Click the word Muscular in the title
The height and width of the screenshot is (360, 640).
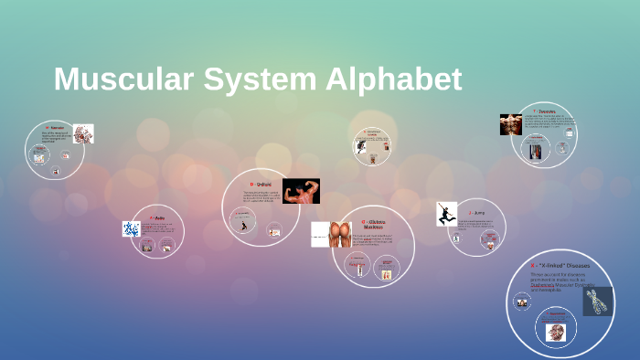(x=119, y=79)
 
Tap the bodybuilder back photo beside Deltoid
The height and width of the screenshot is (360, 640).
(x=301, y=191)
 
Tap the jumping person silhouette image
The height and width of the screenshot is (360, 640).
(x=446, y=214)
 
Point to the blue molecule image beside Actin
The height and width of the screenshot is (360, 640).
(x=131, y=228)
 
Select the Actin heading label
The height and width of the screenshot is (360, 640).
(x=159, y=217)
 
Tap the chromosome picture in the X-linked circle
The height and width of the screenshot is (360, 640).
(x=597, y=301)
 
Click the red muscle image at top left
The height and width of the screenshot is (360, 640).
(x=83, y=133)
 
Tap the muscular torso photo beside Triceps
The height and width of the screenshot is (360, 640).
(x=510, y=124)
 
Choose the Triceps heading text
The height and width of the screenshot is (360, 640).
(x=547, y=111)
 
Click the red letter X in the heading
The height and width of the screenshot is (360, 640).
(x=532, y=266)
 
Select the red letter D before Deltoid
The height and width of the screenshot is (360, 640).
(x=251, y=184)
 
